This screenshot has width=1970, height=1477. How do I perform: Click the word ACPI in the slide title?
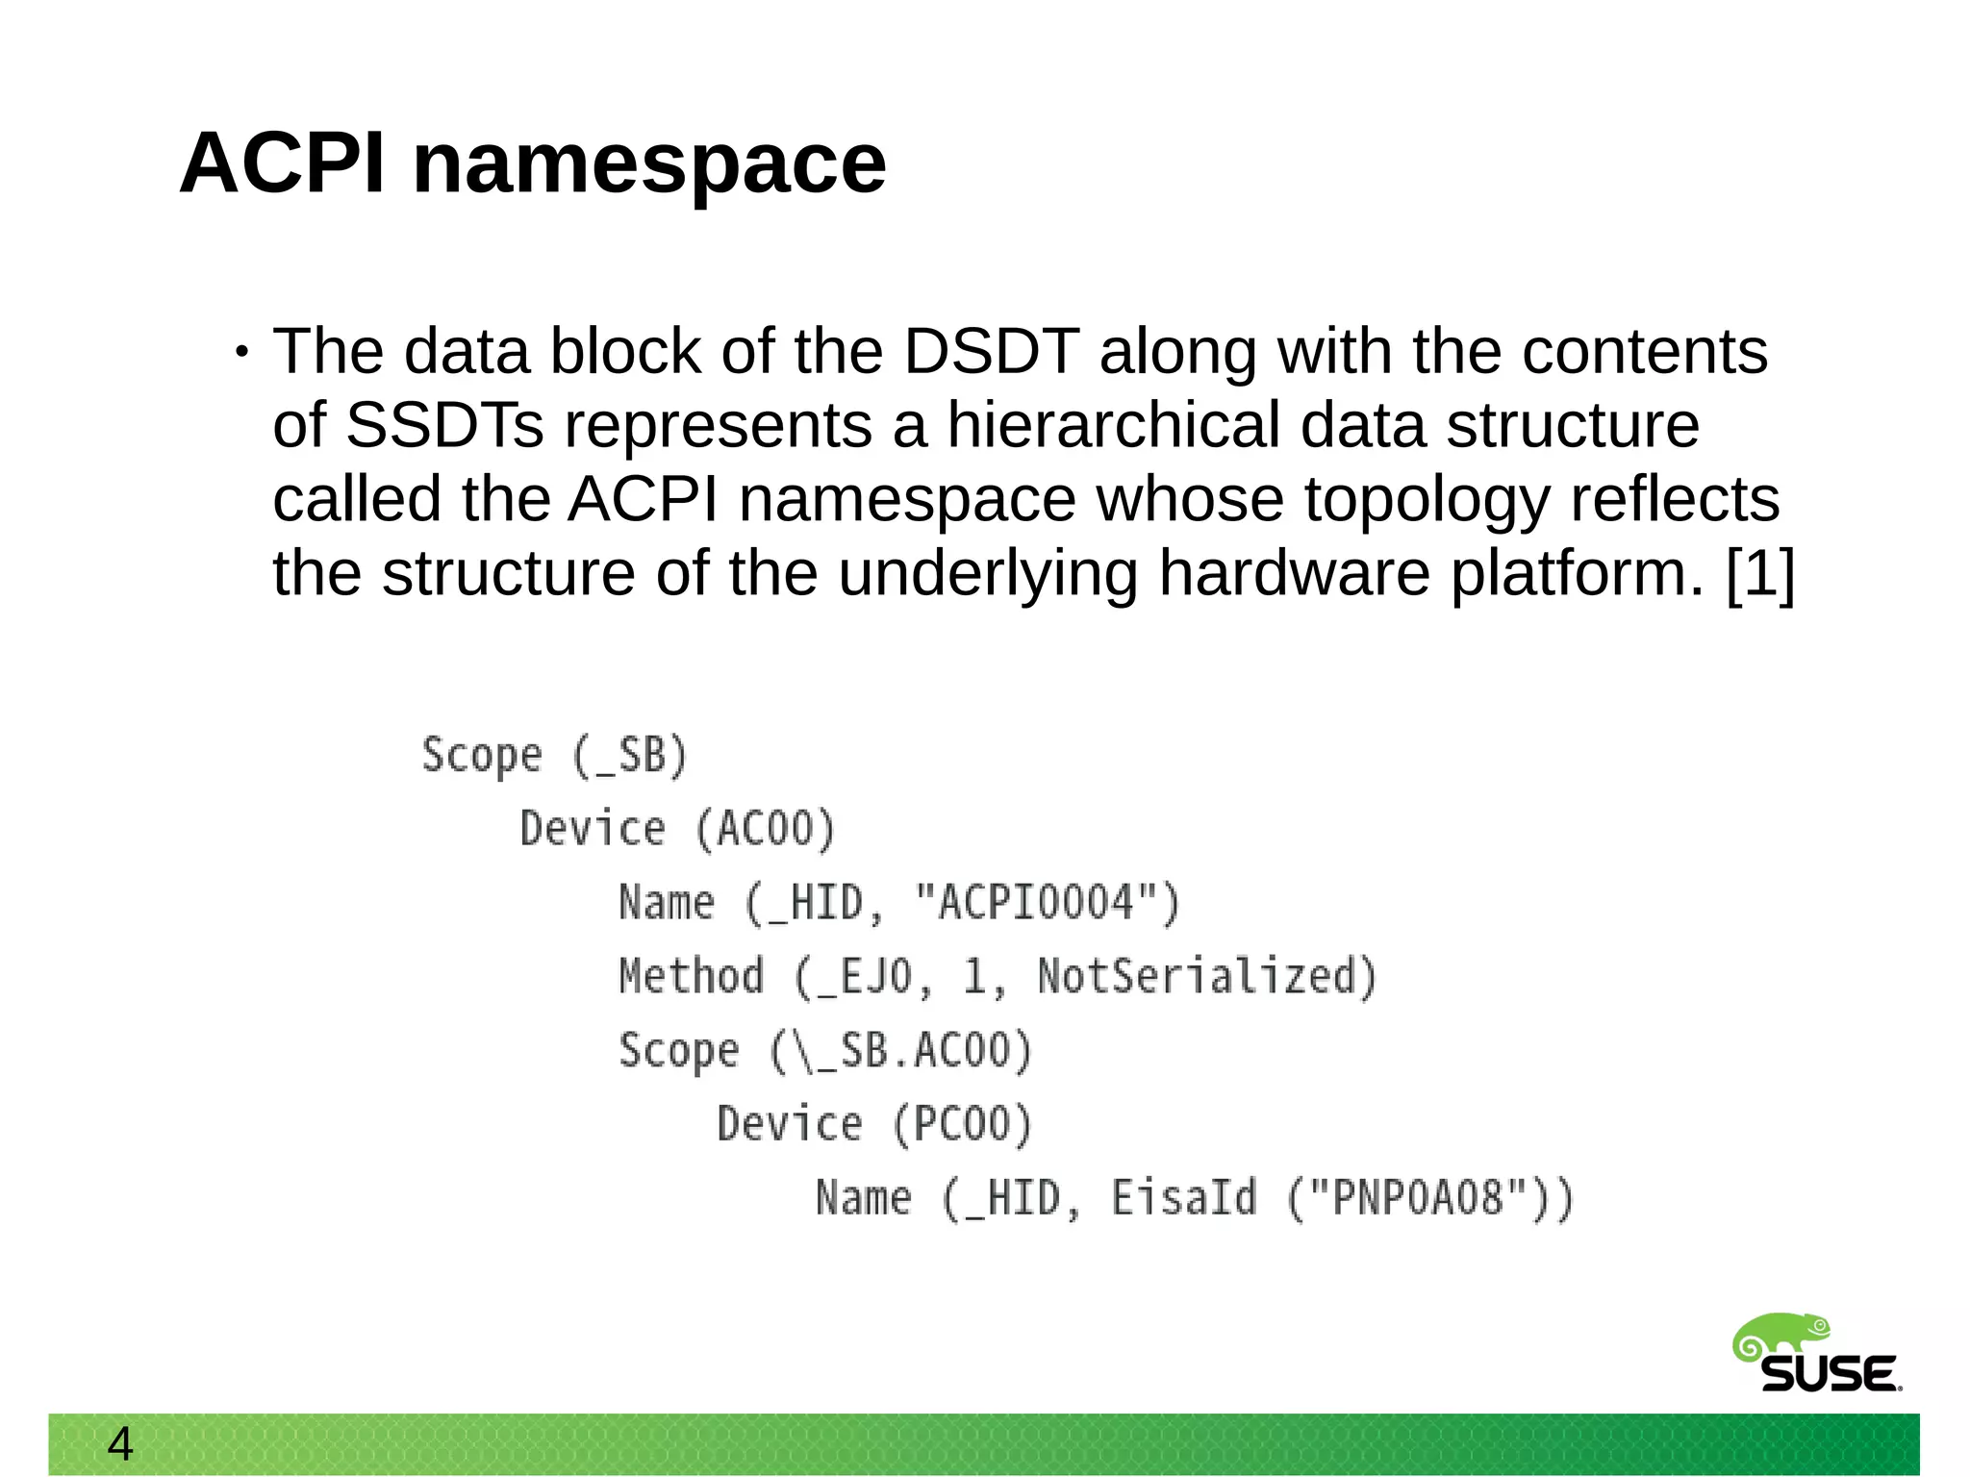tap(283, 163)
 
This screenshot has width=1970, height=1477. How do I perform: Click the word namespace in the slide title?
tap(649, 165)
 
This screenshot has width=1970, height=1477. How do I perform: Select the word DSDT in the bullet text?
tap(991, 351)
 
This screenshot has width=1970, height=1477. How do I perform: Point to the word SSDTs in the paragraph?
tap(444, 425)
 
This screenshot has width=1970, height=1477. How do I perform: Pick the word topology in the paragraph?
tap(1427, 500)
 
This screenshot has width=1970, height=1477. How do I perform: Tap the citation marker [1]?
tap(1760, 574)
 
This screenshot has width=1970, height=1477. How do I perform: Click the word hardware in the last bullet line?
tap(1294, 574)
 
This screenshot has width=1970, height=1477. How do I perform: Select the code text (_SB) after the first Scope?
tap(630, 755)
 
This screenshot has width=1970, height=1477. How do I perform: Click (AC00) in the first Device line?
tap(765, 829)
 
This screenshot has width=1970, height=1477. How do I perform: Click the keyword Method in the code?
tap(691, 976)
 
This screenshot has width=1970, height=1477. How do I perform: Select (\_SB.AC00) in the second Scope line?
tap(900, 1050)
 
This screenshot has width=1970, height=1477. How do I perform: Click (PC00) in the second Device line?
tap(962, 1124)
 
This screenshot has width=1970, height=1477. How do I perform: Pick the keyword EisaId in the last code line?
tap(1184, 1198)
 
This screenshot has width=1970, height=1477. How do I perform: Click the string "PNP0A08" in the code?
tap(1418, 1198)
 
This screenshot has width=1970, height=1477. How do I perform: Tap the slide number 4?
tap(120, 1444)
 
